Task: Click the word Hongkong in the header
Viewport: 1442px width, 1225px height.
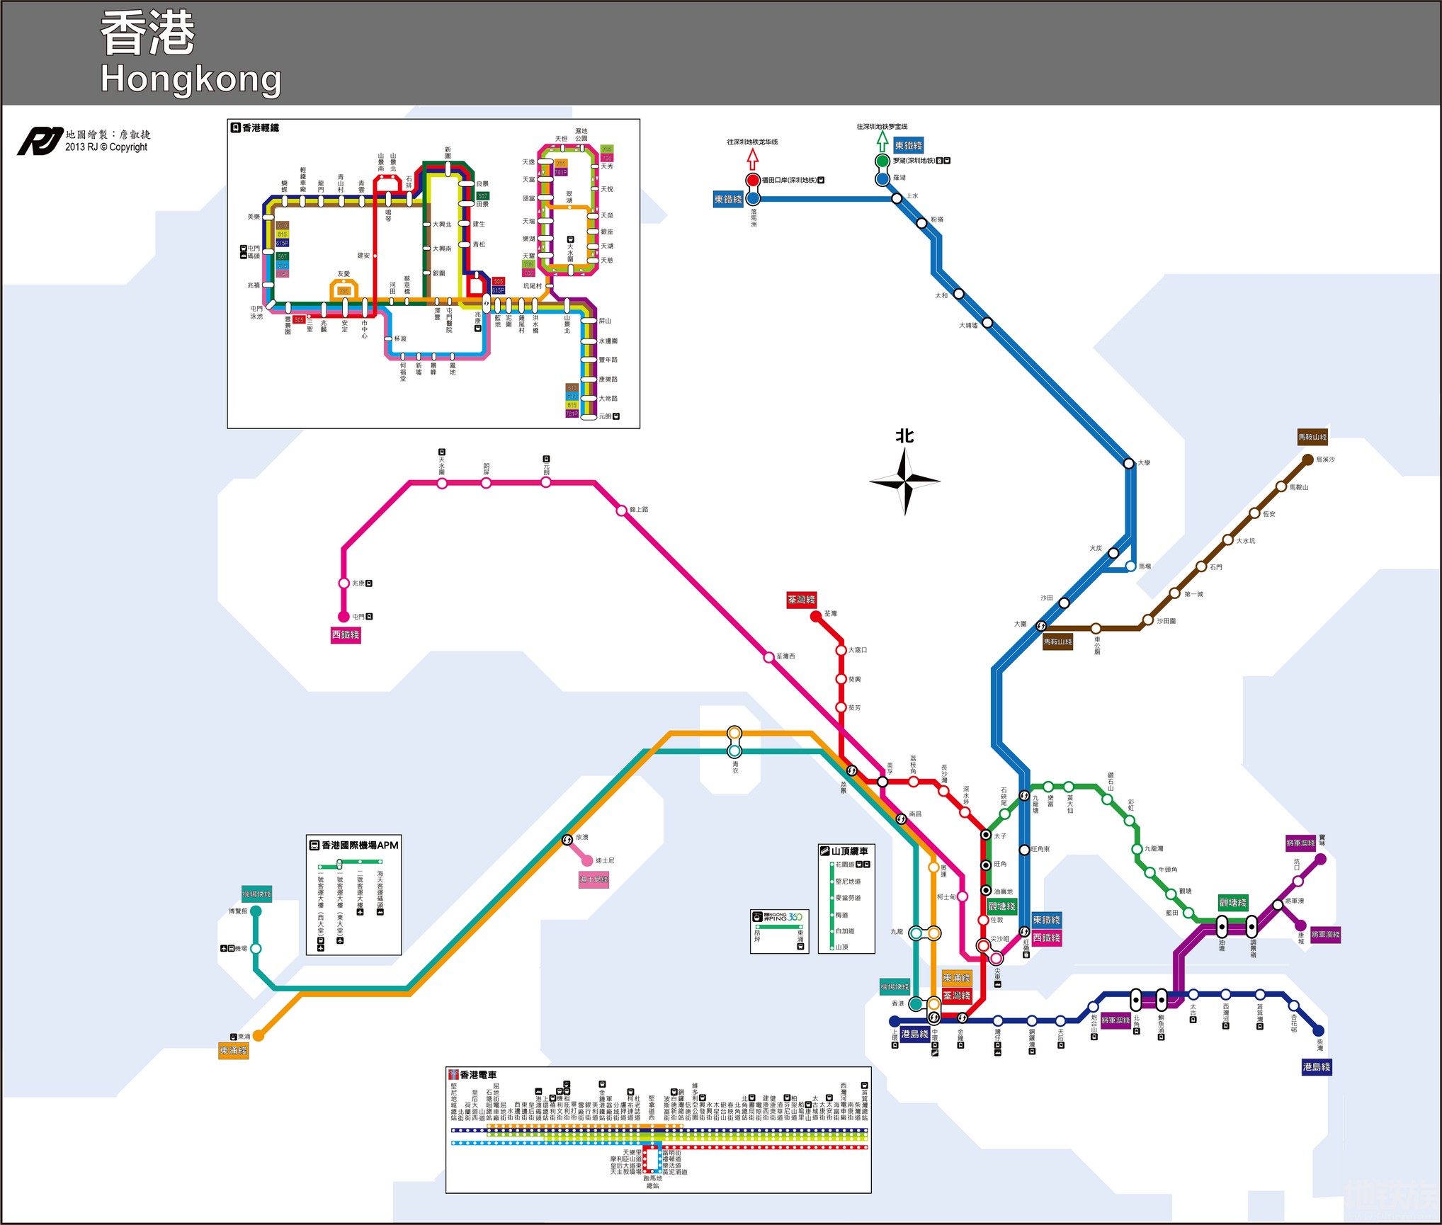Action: coord(191,79)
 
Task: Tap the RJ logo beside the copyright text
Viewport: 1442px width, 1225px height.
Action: coord(39,141)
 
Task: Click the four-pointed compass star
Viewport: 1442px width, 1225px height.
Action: coord(904,482)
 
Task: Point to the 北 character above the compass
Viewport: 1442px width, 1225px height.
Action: coord(904,436)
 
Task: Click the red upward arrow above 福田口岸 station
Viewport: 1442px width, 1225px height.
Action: coord(753,160)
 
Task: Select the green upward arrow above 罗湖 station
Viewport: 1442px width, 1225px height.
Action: coord(882,140)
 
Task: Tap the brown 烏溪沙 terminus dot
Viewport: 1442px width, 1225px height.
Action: coord(1307,460)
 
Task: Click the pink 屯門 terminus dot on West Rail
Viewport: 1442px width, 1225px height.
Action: coord(344,616)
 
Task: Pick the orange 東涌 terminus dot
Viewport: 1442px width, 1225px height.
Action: coord(259,1035)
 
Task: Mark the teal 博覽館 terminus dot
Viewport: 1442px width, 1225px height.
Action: coord(256,911)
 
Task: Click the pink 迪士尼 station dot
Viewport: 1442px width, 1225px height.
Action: coord(587,860)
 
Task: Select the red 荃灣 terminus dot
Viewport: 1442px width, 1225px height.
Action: coord(815,616)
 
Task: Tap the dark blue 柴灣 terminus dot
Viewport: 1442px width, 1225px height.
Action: coord(1318,1031)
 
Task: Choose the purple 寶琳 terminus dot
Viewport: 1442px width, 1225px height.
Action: coord(1320,859)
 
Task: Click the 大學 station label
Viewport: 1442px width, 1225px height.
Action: coord(1145,463)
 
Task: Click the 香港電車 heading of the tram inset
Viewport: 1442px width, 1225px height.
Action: coord(478,1075)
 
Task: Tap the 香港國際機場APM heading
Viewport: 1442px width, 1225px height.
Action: coord(360,845)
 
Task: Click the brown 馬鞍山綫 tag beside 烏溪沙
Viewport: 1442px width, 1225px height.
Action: coord(1312,437)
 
